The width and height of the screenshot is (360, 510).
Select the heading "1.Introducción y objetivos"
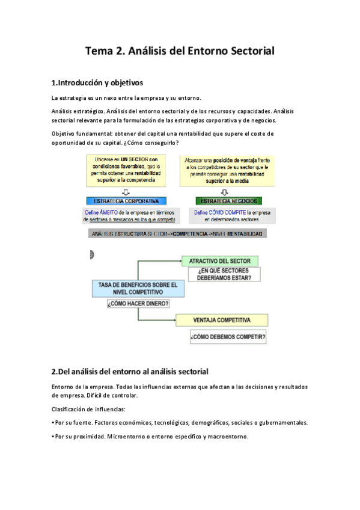coord(97,82)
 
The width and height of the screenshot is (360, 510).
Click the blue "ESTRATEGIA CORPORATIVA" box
coord(127,201)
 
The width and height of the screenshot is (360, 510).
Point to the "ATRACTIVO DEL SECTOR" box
coord(220,261)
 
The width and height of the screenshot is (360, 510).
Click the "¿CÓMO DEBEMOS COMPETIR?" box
coord(228,337)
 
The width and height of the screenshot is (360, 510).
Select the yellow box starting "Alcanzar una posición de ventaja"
coord(227,170)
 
